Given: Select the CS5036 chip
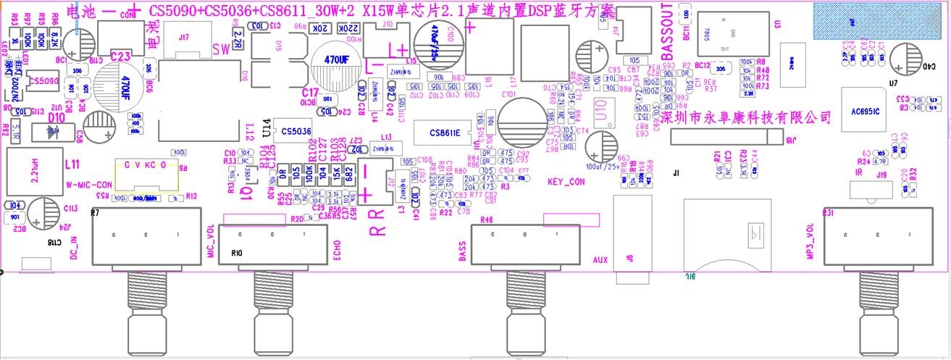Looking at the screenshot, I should coord(296,131).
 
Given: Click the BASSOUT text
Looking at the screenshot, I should coord(668,37).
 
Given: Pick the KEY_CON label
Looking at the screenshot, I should coord(566,182).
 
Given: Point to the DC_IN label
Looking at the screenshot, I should coord(73,246).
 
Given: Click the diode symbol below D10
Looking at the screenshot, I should coord(52,132).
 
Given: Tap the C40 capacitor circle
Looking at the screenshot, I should coord(905,59).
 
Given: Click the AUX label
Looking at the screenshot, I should coord(600,258).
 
